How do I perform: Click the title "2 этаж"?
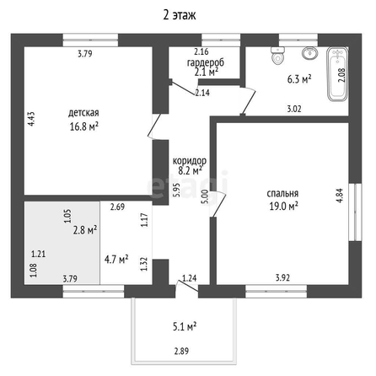point(180,15)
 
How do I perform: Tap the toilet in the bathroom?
point(277,56)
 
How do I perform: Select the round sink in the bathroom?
point(310,53)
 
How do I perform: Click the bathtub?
point(337,73)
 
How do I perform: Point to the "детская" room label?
point(83,113)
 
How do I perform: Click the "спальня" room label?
point(282,194)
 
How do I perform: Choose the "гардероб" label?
point(206,62)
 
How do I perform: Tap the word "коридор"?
point(190,161)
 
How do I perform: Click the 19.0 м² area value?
point(283,207)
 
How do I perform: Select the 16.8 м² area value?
point(84,126)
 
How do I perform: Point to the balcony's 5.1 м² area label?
point(185,327)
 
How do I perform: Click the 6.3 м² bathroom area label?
point(299,79)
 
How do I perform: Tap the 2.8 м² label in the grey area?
point(85,230)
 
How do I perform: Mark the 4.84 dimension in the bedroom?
point(340,196)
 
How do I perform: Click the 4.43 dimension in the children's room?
point(31,119)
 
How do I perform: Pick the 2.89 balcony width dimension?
point(181,351)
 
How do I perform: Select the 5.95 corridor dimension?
point(176,190)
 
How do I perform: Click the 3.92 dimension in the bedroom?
point(282,277)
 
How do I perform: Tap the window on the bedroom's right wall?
point(355,212)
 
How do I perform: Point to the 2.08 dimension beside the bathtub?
point(341,75)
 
